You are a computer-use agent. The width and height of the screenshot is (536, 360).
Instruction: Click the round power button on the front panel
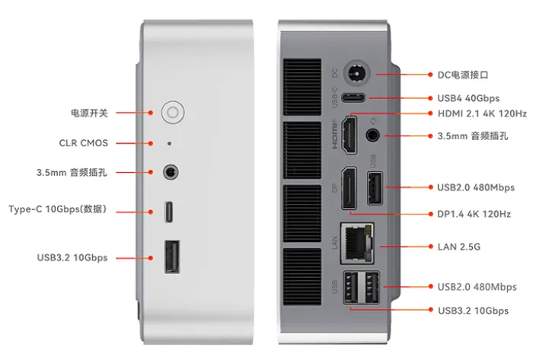[x=173, y=113]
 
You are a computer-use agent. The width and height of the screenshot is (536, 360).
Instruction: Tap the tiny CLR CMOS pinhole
[x=169, y=142]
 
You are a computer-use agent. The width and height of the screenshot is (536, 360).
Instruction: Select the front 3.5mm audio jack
[x=171, y=172]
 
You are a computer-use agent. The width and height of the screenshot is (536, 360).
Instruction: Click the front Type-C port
[x=170, y=209]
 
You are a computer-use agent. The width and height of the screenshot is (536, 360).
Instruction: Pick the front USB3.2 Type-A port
[x=171, y=256]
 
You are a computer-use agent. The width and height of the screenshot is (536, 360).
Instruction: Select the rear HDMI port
[x=350, y=134]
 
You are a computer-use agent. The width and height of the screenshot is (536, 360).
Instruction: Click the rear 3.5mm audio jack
[x=373, y=135]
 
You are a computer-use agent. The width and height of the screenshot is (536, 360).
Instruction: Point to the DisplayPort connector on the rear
[x=347, y=187]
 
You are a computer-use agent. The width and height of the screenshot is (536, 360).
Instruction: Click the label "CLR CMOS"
[x=84, y=142]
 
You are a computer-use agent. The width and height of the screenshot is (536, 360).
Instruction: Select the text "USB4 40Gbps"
[x=468, y=98]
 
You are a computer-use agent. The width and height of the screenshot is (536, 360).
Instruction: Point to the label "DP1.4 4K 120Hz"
[x=474, y=215]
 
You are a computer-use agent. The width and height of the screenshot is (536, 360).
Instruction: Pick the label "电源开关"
[x=89, y=113]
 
